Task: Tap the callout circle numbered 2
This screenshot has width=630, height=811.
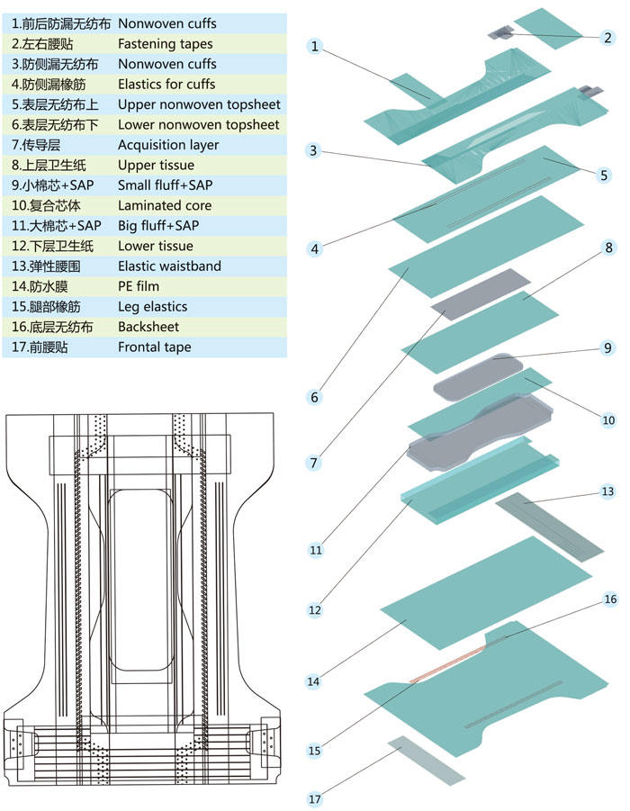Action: (x=608, y=38)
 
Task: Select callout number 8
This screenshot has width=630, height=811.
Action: (x=608, y=247)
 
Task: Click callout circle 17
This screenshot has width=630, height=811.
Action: (x=314, y=797)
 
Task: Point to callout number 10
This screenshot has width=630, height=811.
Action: (x=608, y=419)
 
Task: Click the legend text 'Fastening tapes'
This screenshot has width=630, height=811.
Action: (x=165, y=43)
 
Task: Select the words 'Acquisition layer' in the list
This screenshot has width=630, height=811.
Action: (x=167, y=144)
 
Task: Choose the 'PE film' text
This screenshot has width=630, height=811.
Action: (x=141, y=286)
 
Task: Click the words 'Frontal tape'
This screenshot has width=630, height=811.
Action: (x=154, y=347)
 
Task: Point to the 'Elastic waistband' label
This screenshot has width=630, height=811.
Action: (x=169, y=266)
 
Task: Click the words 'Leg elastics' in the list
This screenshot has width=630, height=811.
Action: (x=152, y=306)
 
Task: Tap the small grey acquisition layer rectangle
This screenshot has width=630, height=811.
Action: (x=481, y=292)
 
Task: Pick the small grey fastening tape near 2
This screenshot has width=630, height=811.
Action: (x=500, y=32)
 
